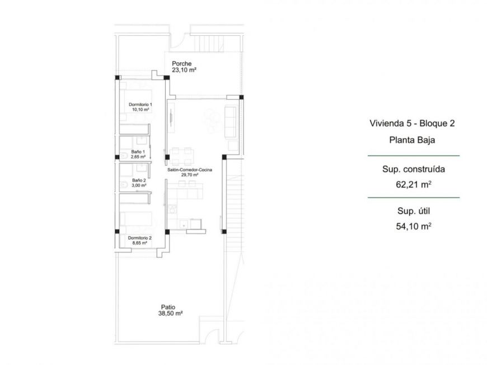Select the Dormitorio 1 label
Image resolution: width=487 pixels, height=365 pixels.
tap(140, 105)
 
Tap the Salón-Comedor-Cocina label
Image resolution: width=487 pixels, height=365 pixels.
tap(190, 169)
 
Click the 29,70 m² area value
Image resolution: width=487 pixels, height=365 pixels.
tap(190, 174)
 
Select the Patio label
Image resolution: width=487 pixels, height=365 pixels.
tap(168, 307)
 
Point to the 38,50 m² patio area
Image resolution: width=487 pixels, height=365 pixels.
tap(171, 314)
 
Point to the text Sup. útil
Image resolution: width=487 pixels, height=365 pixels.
tap(413, 211)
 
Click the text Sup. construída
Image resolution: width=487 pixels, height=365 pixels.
tap(413, 168)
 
